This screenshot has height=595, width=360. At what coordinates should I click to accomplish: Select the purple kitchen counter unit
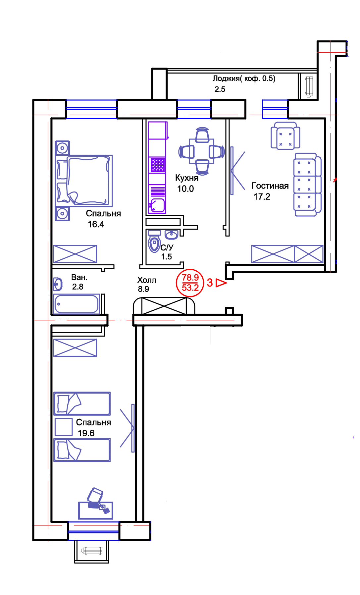pyautogui.click(x=157, y=168)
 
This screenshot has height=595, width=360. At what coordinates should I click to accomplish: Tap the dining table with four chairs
pyautogui.click(x=201, y=152)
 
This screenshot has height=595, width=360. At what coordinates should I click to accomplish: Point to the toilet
pyautogui.click(x=154, y=242)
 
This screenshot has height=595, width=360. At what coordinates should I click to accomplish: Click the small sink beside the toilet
pyautogui.click(x=172, y=235)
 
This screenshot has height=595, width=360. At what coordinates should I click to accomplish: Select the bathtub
pyautogui.click(x=77, y=303)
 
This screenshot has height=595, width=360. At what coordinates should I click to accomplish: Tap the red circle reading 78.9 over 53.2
pyautogui.click(x=189, y=283)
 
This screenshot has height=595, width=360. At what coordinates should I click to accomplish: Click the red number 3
pyautogui.click(x=209, y=283)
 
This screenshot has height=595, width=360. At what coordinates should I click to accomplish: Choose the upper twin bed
pyautogui.click(x=82, y=403)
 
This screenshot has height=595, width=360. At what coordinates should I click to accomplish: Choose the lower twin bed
pyautogui.click(x=82, y=451)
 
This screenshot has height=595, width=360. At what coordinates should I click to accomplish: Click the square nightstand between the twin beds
pyautogui.click(x=64, y=427)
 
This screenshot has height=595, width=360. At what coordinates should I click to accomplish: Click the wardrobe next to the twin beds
pyautogui.click(x=76, y=347)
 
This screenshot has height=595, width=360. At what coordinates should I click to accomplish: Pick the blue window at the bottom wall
pyautogui.click(x=93, y=532)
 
